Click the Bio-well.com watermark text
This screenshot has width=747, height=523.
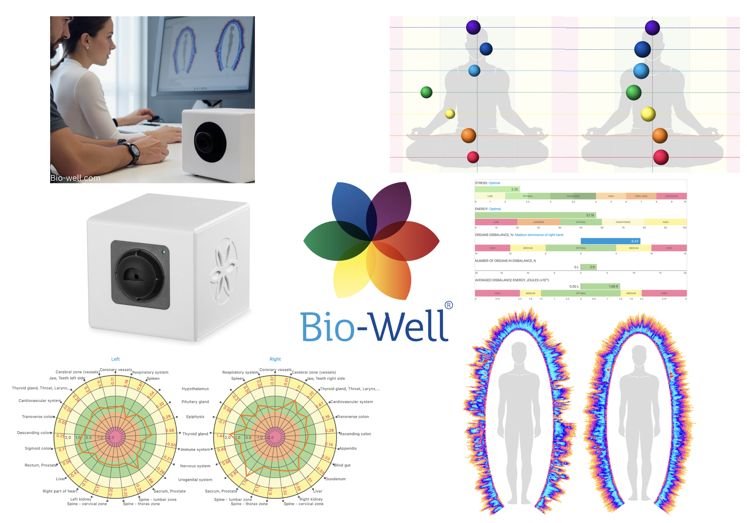coord(75,178)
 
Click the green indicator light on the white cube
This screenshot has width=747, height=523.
coord(164,252)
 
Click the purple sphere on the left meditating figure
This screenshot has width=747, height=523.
coord(473,27)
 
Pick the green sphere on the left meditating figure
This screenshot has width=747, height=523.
coord(426,92)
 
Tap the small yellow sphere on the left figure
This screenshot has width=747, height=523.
coord(450,114)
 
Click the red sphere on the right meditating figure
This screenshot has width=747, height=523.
coord(661,157)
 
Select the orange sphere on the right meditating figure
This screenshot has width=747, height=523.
coord(660,136)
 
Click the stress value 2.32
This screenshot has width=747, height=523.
coord(514,189)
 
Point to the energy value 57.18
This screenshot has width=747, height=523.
coord(590,215)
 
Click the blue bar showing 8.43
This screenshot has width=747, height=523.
coord(610,241)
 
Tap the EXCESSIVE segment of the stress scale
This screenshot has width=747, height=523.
coord(671,196)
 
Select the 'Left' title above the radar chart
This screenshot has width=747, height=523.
coord(116,359)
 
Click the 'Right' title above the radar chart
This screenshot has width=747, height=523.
coord(275,359)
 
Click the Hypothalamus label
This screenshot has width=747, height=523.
coord(195,389)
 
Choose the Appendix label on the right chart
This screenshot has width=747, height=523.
coord(348,449)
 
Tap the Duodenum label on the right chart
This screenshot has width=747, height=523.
coord(336,479)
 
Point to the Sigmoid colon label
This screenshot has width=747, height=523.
coord(38,449)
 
